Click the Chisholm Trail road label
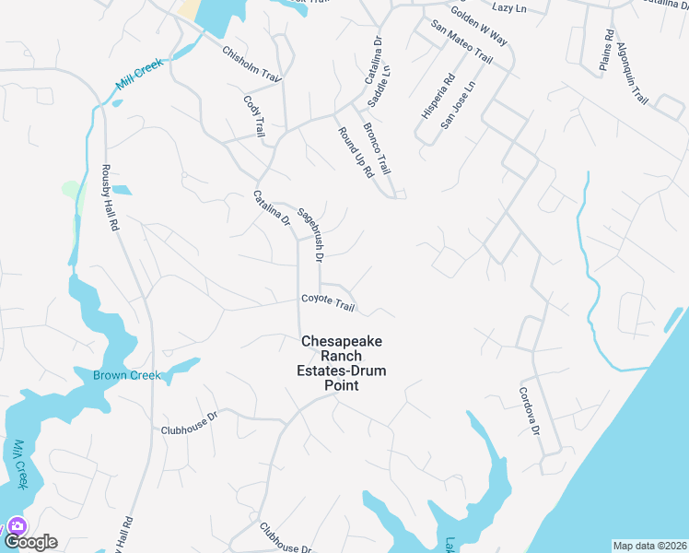250,61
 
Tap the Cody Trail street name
254,116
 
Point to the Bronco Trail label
378,149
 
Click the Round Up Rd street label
355,152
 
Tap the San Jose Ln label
457,103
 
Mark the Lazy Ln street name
508,7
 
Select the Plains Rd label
606,50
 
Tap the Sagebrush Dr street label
310,230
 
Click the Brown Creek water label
126,375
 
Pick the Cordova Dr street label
528,410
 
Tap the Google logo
30,542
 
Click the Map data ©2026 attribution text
649,546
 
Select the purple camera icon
17,526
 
